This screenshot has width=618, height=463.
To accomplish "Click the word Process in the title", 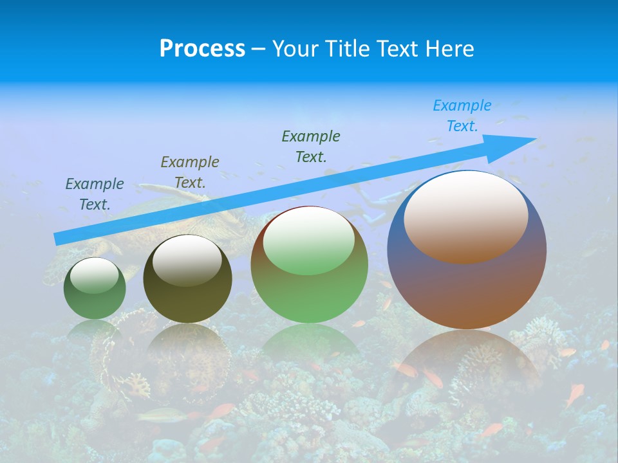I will pyautogui.click(x=202, y=49).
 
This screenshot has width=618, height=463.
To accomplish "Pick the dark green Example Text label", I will pyautogui.click(x=311, y=146).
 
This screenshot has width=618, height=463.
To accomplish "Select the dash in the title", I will pyautogui.click(x=258, y=49).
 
